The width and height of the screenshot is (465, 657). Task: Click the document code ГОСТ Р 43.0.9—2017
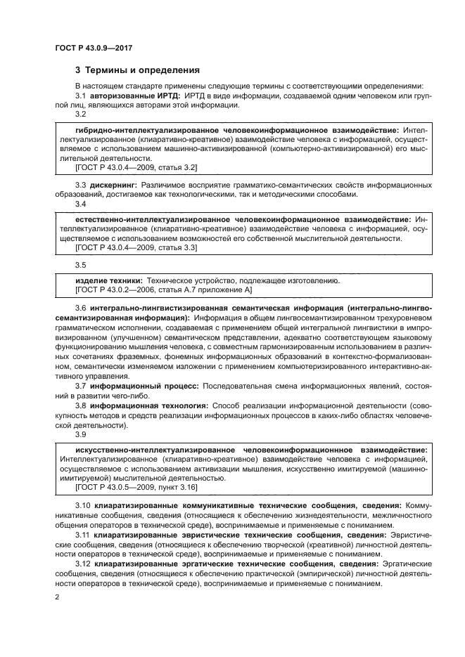[x=94, y=47]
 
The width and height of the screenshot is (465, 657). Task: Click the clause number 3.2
[x=80, y=114]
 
